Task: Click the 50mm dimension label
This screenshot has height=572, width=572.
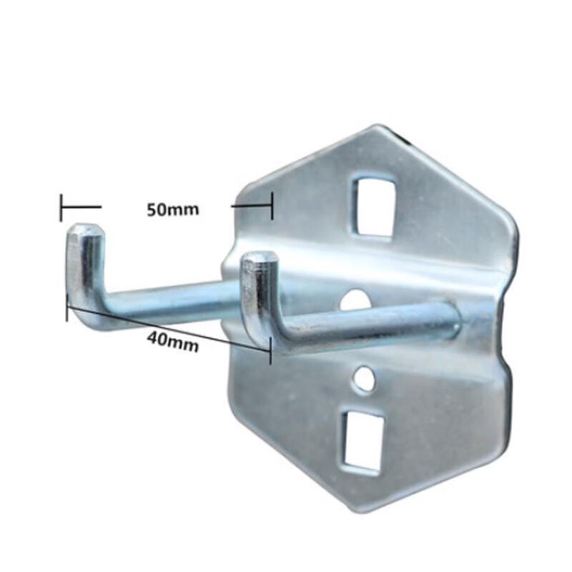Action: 172,210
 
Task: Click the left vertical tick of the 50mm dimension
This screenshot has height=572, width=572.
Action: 61,207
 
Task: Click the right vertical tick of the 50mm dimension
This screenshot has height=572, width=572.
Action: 272,207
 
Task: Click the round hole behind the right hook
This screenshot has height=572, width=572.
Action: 355,301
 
